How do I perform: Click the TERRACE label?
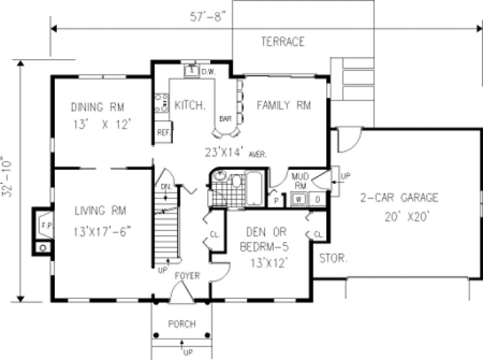[x=282, y=42]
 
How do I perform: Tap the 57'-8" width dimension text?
[x=209, y=16]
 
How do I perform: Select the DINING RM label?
[x=102, y=106]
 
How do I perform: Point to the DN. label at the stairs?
[x=166, y=187]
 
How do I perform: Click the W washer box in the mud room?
[x=299, y=200]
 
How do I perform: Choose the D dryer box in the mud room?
[x=318, y=200]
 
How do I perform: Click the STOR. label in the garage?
[x=333, y=259]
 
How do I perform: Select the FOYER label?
[x=187, y=276]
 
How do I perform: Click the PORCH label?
[x=182, y=324]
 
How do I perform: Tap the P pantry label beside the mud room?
[x=275, y=200]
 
